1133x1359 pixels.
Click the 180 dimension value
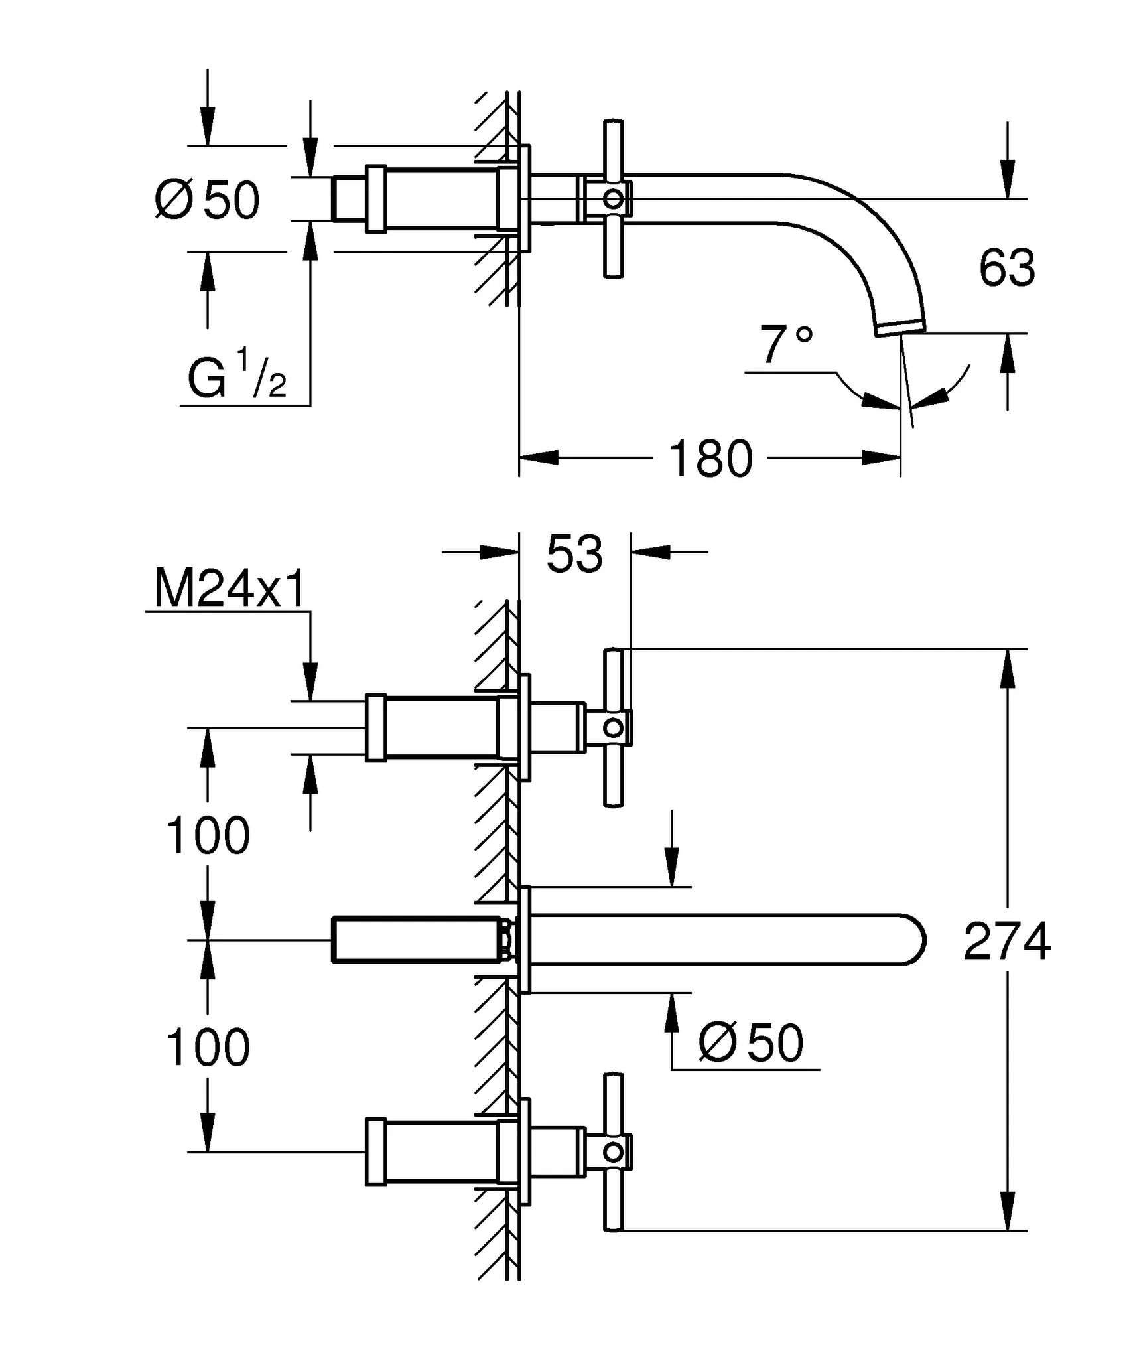[x=710, y=459]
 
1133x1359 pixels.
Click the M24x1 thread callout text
[x=230, y=588]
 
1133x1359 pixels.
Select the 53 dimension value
[x=574, y=553]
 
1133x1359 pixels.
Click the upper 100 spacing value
[x=207, y=835]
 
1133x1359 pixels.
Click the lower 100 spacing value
[x=207, y=1047]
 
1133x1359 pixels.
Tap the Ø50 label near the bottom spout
[x=751, y=1042]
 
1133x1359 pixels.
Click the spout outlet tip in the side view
[x=901, y=328]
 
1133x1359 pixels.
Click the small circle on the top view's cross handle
[x=614, y=198]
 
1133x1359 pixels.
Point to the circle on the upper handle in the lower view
[x=614, y=728]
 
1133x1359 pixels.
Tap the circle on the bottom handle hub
[x=614, y=1152]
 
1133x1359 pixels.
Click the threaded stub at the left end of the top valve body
[x=348, y=198]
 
